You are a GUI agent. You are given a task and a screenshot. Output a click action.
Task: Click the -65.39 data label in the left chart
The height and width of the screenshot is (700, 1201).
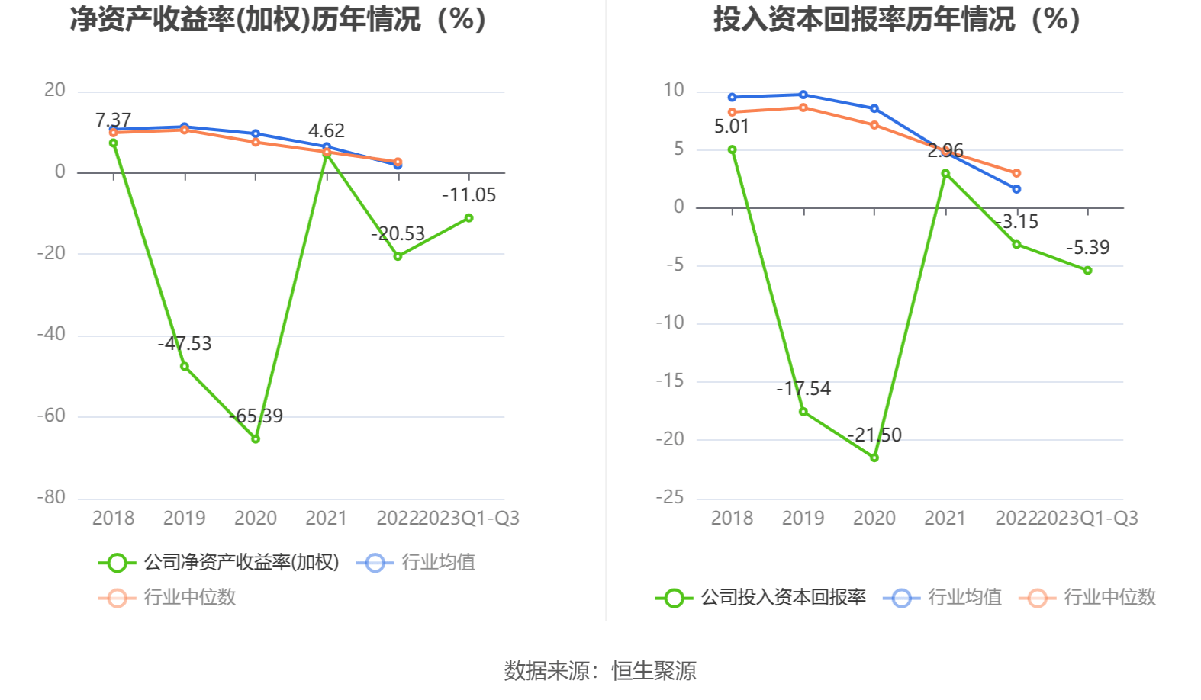[x=256, y=416]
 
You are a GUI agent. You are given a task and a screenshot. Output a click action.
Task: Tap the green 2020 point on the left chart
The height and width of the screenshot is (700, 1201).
[x=256, y=438]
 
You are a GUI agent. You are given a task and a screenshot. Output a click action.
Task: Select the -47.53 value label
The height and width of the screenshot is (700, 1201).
[x=185, y=343]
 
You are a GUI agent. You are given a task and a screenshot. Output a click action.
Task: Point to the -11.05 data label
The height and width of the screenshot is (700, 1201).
[x=468, y=195]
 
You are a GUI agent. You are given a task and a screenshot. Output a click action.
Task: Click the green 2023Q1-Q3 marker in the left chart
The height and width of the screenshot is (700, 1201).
[x=468, y=218]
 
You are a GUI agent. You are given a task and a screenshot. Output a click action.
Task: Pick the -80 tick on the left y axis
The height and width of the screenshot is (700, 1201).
[x=51, y=497]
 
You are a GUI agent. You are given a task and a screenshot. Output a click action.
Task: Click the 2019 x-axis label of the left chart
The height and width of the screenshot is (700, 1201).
[x=184, y=519]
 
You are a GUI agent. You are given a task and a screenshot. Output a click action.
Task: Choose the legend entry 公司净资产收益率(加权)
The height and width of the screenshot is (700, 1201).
[x=219, y=563]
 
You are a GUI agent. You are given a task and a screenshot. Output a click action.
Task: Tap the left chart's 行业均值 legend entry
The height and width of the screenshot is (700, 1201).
[x=417, y=563]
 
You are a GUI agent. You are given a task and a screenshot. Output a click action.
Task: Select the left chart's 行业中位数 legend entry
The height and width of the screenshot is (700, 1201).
[x=168, y=597]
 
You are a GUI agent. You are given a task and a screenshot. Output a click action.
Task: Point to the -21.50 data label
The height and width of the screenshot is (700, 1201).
[x=874, y=435]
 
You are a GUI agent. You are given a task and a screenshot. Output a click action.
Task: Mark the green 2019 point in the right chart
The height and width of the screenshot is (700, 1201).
[x=803, y=412]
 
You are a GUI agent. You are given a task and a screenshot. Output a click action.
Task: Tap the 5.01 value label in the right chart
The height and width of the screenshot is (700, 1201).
[x=732, y=127]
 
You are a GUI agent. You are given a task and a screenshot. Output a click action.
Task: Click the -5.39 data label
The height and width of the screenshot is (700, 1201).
[x=1087, y=248]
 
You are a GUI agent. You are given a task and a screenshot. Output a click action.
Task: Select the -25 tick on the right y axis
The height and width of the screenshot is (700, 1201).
[x=670, y=497]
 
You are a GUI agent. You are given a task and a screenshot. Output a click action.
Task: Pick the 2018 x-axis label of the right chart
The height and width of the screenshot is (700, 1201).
[x=732, y=519]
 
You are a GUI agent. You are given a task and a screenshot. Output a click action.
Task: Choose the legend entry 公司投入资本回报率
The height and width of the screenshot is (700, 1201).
[x=761, y=597]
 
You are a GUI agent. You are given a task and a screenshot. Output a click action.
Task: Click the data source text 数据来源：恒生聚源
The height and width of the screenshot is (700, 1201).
[x=600, y=671]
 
